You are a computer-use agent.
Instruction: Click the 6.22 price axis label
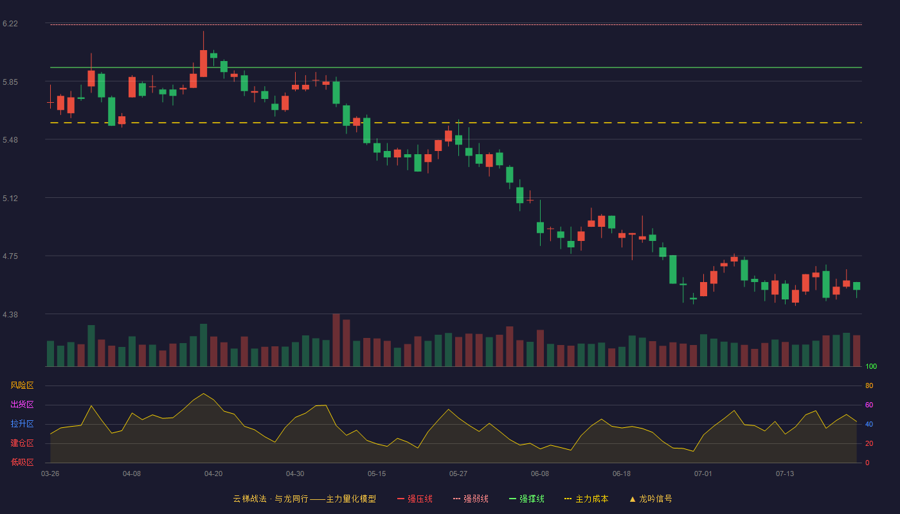[10, 24]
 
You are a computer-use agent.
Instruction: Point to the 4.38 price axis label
[10, 314]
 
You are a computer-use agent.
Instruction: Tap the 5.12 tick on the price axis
[10, 199]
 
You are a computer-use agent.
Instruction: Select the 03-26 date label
[50, 474]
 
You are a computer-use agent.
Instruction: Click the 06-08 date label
[540, 474]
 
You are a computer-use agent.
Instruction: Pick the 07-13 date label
[785, 474]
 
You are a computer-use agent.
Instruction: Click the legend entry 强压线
[415, 499]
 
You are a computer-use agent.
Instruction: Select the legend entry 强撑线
[526, 499]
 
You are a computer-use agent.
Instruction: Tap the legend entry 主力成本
[586, 499]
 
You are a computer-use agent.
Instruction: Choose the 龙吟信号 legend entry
[651, 499]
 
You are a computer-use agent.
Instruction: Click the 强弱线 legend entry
[471, 499]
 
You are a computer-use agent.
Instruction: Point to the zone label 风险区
[22, 385]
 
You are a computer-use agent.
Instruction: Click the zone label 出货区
[22, 404]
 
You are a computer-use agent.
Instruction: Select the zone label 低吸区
[22, 462]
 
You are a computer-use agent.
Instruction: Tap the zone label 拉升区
[22, 423]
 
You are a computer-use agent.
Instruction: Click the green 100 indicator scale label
[871, 366]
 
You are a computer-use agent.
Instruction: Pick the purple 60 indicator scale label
[869, 405]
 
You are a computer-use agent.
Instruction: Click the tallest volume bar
[336, 340]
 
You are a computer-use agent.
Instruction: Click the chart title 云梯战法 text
[249, 499]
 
